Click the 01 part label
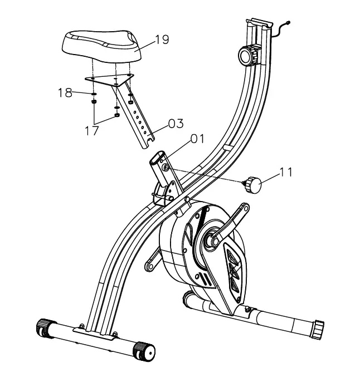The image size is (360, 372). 198,138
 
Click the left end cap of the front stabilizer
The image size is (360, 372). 43,326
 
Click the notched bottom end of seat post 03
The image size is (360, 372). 146,144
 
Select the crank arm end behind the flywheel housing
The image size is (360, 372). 149,267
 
